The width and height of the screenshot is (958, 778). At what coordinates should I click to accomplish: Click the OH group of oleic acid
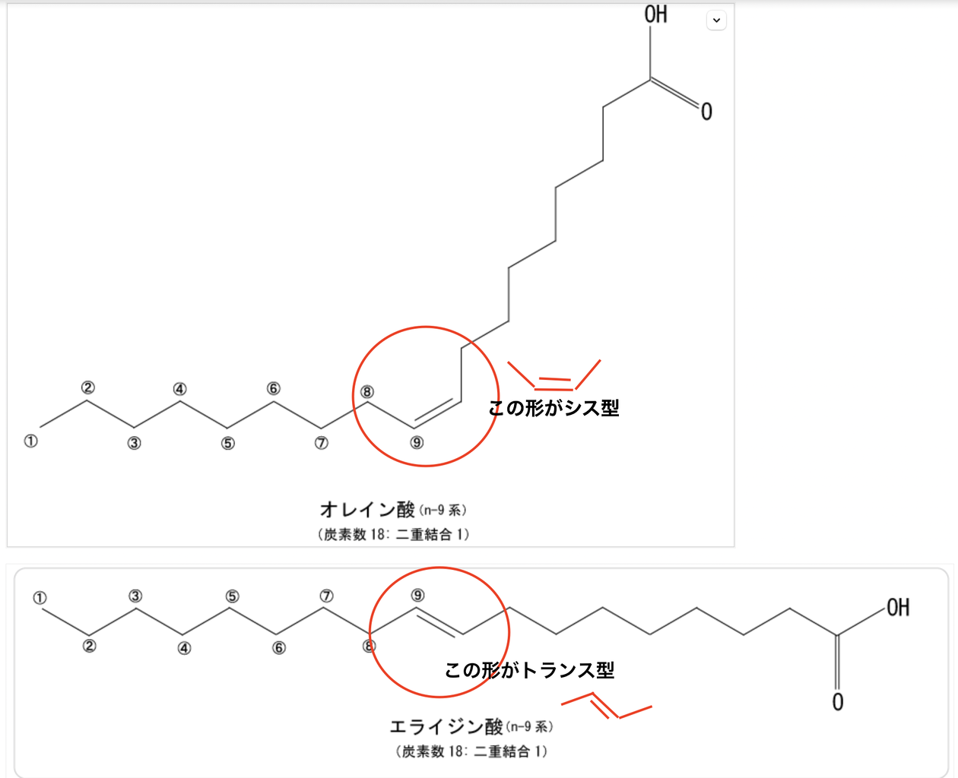655,14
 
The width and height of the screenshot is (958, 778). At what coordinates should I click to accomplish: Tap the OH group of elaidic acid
897,608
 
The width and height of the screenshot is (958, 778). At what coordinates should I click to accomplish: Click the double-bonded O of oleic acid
706,112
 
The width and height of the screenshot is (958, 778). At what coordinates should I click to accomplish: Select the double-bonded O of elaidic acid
837,702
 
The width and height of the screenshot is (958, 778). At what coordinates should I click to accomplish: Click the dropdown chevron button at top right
716,20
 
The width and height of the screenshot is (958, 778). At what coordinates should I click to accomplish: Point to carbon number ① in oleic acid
30,441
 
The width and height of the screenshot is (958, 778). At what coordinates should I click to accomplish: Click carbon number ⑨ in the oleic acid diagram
417,442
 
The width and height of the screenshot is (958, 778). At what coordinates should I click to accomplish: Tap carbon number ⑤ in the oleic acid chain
228,443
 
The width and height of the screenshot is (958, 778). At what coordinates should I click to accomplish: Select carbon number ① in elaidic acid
40,598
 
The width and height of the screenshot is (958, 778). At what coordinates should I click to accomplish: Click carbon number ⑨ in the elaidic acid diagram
417,595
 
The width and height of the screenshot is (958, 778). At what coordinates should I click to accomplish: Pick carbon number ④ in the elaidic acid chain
184,648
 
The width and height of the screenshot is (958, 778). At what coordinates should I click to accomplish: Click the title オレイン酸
367,509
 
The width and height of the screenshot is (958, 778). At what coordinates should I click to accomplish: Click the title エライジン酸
446,727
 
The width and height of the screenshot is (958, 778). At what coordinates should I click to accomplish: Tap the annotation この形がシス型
554,408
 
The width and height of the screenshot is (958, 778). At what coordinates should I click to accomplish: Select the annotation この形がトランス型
529,670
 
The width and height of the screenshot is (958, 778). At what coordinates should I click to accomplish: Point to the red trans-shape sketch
607,706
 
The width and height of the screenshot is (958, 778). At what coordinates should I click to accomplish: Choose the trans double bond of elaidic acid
439,621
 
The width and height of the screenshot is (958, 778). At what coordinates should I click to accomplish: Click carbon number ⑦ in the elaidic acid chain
326,596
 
